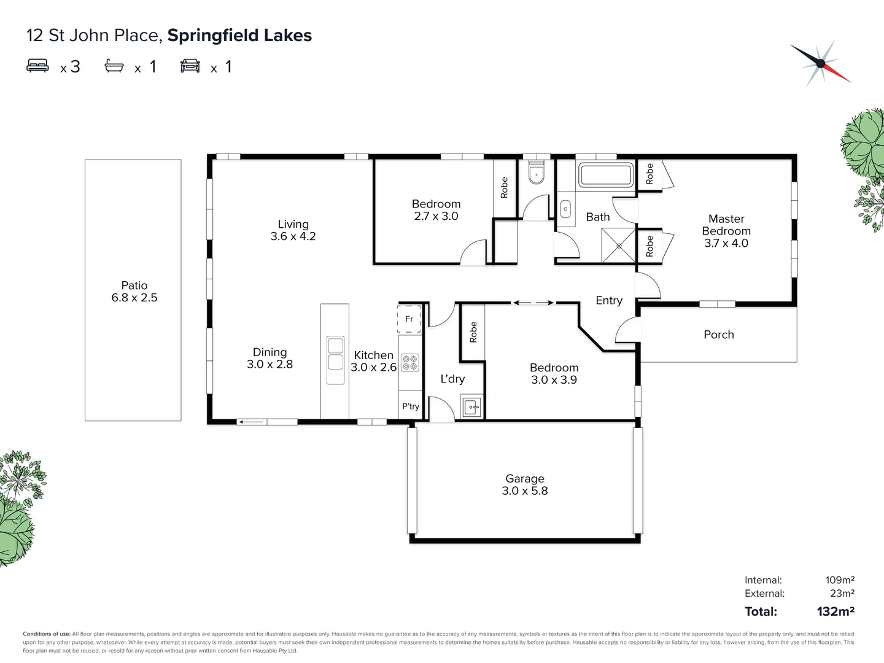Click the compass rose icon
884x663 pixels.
(820, 63)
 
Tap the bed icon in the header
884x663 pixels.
(37, 66)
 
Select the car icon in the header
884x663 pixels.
(190, 66)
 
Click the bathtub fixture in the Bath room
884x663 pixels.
(606, 175)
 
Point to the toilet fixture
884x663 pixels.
(537, 174)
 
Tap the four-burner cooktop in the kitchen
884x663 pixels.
(410, 363)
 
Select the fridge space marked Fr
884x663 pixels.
(409, 319)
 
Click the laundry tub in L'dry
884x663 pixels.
(471, 406)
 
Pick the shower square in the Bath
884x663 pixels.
(618, 246)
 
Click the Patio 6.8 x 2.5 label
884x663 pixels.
(134, 292)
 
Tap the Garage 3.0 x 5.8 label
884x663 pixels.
(524, 484)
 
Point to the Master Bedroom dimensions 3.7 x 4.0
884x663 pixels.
(726, 243)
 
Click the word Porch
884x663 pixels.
(718, 335)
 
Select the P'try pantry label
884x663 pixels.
(411, 406)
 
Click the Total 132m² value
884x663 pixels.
(836, 611)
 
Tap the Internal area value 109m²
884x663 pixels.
(840, 580)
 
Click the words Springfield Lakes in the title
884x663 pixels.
(239, 36)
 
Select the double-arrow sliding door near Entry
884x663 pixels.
(532, 303)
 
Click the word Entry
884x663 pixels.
(609, 300)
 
